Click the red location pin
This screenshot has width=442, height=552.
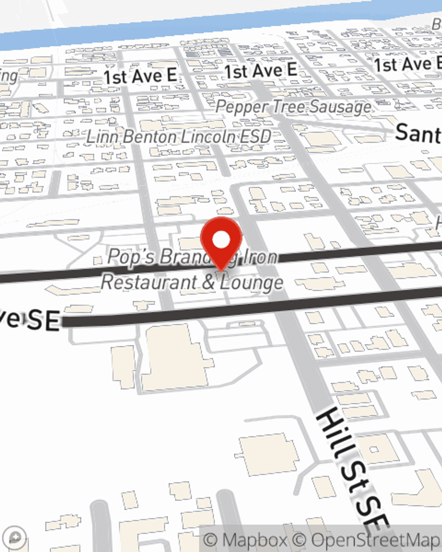(221, 241)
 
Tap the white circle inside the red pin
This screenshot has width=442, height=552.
(221, 240)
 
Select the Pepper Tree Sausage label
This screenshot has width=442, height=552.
(293, 107)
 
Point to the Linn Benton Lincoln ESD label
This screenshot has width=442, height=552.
(179, 137)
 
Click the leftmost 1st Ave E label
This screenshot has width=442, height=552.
(140, 76)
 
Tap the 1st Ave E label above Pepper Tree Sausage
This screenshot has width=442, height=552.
(260, 71)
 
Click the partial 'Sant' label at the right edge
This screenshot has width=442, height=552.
(418, 133)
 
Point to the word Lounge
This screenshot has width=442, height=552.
(252, 283)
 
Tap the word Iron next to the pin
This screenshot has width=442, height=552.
(260, 257)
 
